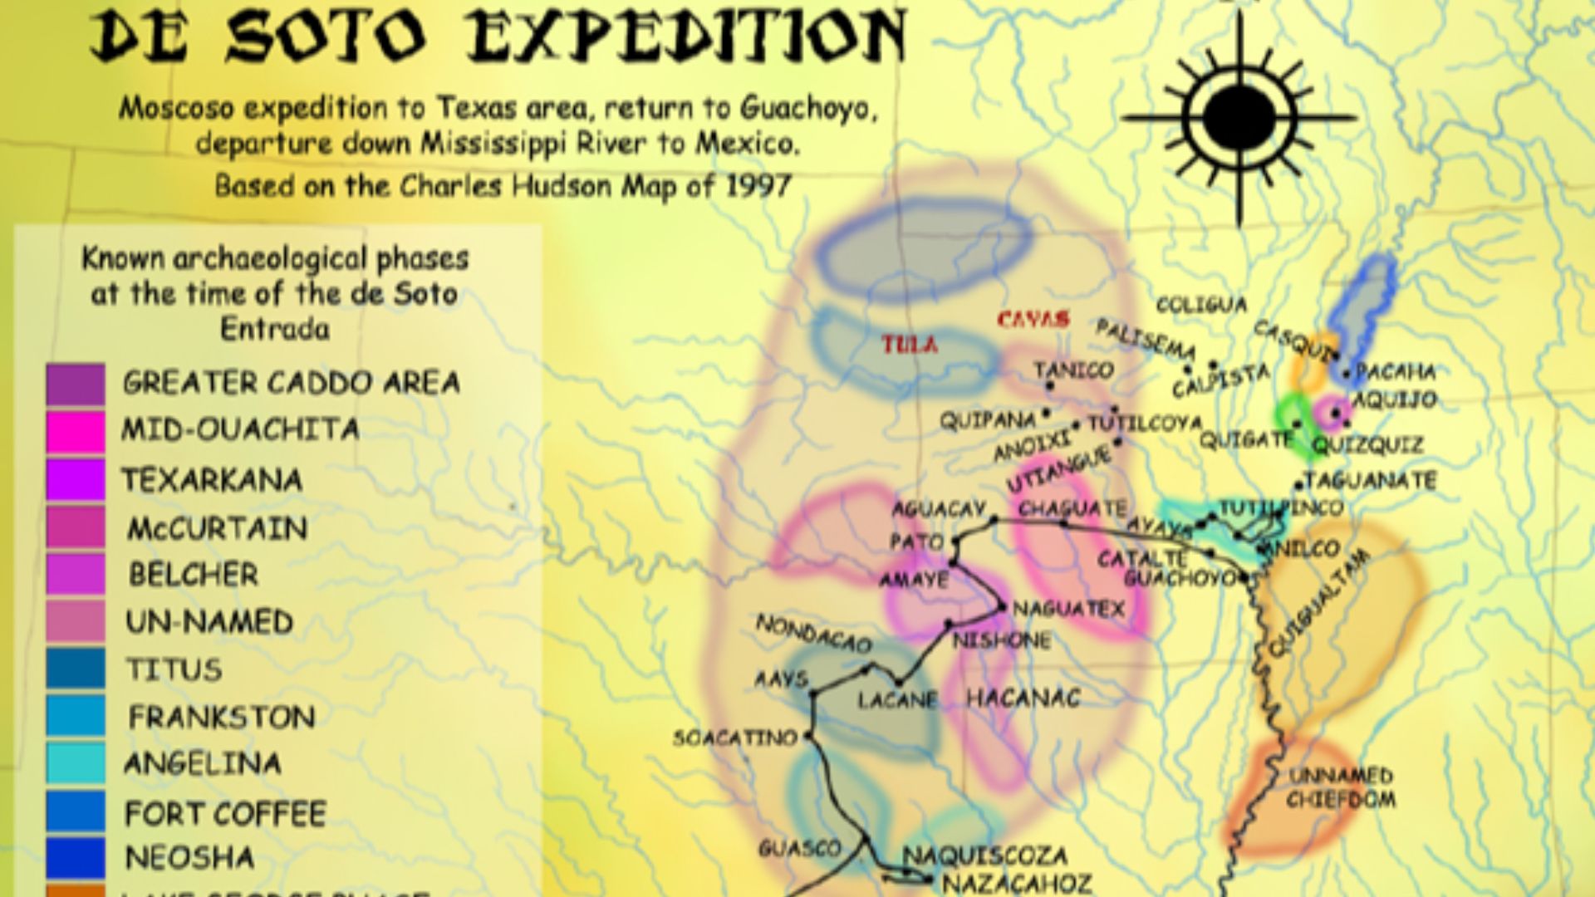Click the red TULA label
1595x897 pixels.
pyautogui.click(x=910, y=345)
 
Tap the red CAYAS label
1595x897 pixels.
pyautogui.click(x=1033, y=319)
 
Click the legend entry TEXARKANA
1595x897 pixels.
pyautogui.click(x=212, y=480)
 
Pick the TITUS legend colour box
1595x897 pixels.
pyautogui.click(x=76, y=669)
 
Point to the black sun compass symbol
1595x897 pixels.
pyautogui.click(x=1238, y=119)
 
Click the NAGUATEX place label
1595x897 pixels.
pyautogui.click(x=1068, y=609)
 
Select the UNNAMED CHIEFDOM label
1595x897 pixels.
pyautogui.click(x=1341, y=787)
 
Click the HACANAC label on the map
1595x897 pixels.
pyautogui.click(x=1023, y=698)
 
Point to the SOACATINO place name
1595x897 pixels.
pyautogui.click(x=735, y=737)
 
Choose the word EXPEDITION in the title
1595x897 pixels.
pyautogui.click(x=685, y=37)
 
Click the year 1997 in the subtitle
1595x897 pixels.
pyautogui.click(x=758, y=185)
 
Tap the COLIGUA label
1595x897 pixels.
pyautogui.click(x=1201, y=305)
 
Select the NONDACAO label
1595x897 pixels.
pyautogui.click(x=813, y=634)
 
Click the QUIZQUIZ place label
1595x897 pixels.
pyautogui.click(x=1367, y=446)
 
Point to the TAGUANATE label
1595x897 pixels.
pyautogui.click(x=1370, y=481)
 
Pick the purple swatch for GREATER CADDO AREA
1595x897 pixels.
pyautogui.click(x=76, y=385)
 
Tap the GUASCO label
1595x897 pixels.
pyautogui.click(x=799, y=848)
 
